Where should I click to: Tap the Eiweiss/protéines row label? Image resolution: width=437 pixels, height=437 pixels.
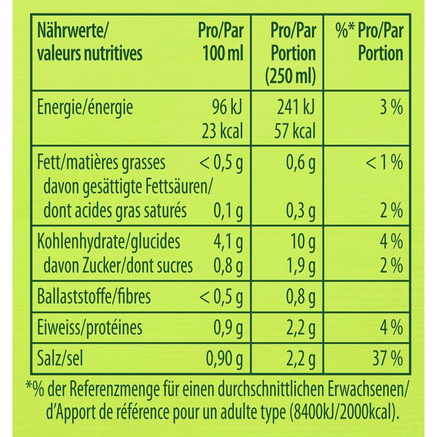coord(90,328)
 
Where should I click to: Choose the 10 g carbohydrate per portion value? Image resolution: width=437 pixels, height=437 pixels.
coord(300,242)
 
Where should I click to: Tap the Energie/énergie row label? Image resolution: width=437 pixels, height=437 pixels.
coord(86,109)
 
